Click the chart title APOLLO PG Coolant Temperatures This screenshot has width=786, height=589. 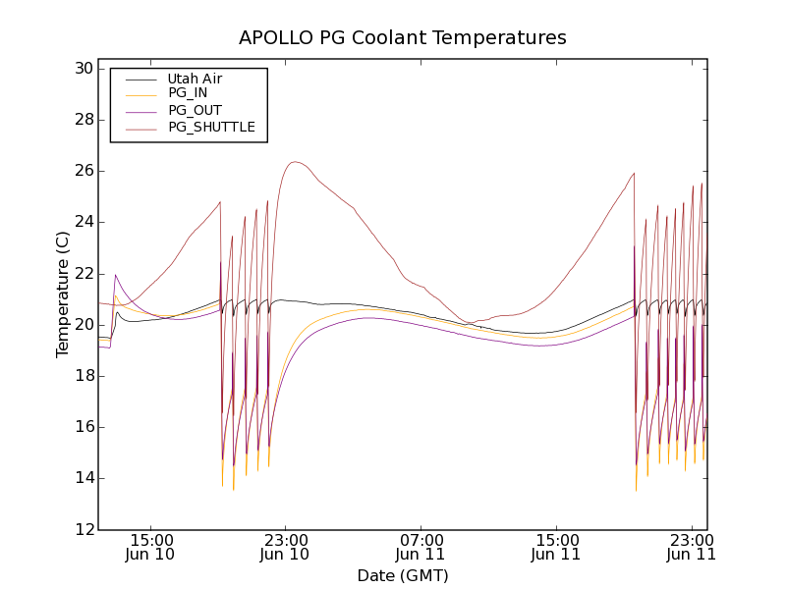point(403,38)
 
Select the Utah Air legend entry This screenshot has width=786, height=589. point(195,79)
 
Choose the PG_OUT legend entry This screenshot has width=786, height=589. point(195,110)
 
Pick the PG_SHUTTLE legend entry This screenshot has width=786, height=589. point(211,127)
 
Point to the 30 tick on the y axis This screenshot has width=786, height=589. point(83,69)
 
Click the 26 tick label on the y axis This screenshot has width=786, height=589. point(83,171)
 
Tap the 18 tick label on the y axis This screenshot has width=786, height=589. point(83,376)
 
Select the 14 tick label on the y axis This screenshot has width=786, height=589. point(83,478)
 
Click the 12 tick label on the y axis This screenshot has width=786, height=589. point(83,530)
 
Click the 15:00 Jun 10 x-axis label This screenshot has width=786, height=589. point(150,547)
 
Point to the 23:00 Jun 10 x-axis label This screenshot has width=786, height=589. point(285,547)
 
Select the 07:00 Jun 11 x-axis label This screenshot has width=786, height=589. point(421,547)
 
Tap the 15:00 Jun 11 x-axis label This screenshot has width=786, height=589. point(556,547)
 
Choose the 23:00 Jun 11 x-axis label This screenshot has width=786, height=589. point(691,547)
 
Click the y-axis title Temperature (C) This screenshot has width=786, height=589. point(63,294)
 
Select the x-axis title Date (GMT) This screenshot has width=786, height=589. point(403,575)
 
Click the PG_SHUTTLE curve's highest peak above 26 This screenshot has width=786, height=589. point(294,162)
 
